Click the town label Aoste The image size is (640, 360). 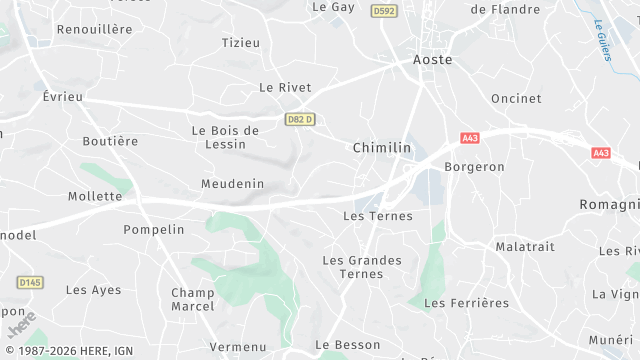[x=432, y=60]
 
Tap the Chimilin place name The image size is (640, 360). [x=381, y=147]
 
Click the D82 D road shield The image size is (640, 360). [x=300, y=120]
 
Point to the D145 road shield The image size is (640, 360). [x=30, y=282]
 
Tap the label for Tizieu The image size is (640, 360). [x=240, y=43]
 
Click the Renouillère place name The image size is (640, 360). [x=94, y=29]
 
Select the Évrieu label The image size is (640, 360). [x=63, y=96]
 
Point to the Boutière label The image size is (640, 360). [x=110, y=141]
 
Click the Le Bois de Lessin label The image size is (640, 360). [x=225, y=137]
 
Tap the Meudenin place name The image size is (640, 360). [x=232, y=184]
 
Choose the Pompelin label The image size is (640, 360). [x=154, y=229]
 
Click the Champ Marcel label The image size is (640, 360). [x=193, y=299]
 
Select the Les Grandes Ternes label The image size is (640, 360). [x=362, y=267]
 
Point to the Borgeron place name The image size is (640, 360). [x=474, y=167]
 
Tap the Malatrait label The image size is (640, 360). [x=525, y=246]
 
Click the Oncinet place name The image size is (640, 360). [x=516, y=98]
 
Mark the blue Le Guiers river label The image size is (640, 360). [x=603, y=40]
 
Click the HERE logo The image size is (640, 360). [x=21, y=325]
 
